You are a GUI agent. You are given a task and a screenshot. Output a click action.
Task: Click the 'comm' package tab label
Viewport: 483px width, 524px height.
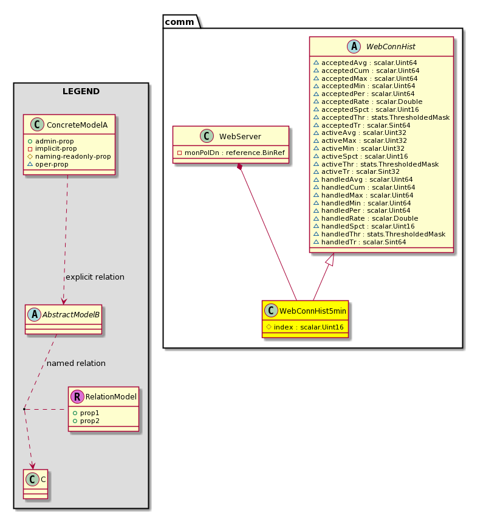179,22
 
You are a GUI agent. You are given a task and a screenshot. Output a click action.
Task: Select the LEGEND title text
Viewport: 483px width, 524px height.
81,91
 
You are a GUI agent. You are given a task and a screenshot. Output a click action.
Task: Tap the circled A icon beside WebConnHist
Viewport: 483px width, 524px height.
354,46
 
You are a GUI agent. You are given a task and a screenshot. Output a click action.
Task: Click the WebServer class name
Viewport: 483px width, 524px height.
240,136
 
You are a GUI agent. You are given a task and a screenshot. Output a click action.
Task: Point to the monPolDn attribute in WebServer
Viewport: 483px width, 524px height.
231,153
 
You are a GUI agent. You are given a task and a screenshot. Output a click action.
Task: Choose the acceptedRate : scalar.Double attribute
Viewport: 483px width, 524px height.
368,102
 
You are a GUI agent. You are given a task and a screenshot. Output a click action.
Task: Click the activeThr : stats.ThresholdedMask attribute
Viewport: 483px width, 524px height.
376,164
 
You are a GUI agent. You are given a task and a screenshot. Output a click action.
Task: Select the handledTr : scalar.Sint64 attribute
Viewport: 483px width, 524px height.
360,242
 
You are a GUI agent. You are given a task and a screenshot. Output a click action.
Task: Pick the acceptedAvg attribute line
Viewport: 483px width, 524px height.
365,63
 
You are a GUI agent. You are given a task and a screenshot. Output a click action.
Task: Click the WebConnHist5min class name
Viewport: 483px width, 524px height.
313,311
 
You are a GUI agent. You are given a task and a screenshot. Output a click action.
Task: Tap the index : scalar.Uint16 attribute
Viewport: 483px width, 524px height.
305,327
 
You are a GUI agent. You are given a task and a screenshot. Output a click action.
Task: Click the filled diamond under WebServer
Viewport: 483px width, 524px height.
239,167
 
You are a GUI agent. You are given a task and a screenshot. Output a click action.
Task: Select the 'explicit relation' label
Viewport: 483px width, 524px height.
95,277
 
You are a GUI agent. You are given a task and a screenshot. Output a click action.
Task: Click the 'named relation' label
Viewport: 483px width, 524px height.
76,364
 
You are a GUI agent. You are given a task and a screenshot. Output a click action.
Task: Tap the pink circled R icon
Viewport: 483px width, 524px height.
77,397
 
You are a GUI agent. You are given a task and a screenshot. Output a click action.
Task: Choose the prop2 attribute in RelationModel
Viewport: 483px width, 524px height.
86,421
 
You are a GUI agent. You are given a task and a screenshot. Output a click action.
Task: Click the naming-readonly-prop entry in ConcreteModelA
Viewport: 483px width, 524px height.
69,156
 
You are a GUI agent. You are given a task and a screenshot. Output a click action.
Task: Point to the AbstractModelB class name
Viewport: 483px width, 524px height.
71,315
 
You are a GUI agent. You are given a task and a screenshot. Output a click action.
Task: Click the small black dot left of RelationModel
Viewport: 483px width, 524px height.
24,409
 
